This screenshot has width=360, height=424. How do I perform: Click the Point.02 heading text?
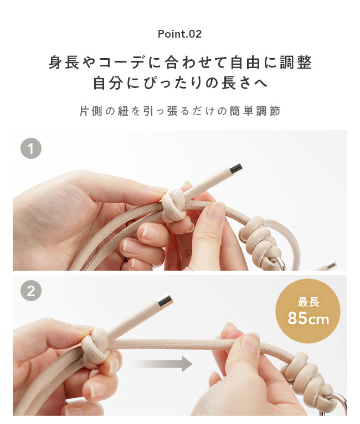point(179,34)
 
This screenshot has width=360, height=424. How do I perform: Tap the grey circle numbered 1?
point(31,148)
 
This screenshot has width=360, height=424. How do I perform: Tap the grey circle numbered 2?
point(31,292)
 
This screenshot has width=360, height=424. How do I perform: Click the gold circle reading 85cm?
point(308,311)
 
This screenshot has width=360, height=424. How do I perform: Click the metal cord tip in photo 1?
point(235,168)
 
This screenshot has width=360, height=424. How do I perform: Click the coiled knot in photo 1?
point(258,235)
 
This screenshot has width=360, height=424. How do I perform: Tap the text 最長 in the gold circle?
point(308,302)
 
